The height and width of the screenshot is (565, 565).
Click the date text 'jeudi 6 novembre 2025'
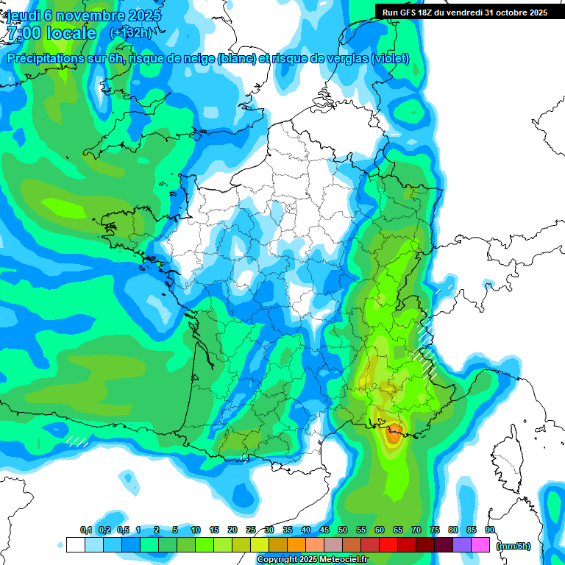(x=85, y=15)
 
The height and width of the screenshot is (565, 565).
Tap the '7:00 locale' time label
(x=51, y=33)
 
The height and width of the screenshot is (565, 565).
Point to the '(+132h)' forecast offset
(x=130, y=32)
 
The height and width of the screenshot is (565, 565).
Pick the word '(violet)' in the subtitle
(x=390, y=59)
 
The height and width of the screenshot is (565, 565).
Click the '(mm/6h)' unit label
(x=513, y=546)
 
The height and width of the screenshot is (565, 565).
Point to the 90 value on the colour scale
(x=489, y=530)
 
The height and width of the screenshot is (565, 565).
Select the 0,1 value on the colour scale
(x=86, y=530)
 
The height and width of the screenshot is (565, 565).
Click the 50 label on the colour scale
(x=343, y=530)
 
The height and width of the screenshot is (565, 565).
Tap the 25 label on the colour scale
(x=251, y=530)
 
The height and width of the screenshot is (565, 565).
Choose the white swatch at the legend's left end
(x=75, y=545)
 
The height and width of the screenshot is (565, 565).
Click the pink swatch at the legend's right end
(x=480, y=545)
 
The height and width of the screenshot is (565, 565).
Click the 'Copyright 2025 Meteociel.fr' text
(x=312, y=560)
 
